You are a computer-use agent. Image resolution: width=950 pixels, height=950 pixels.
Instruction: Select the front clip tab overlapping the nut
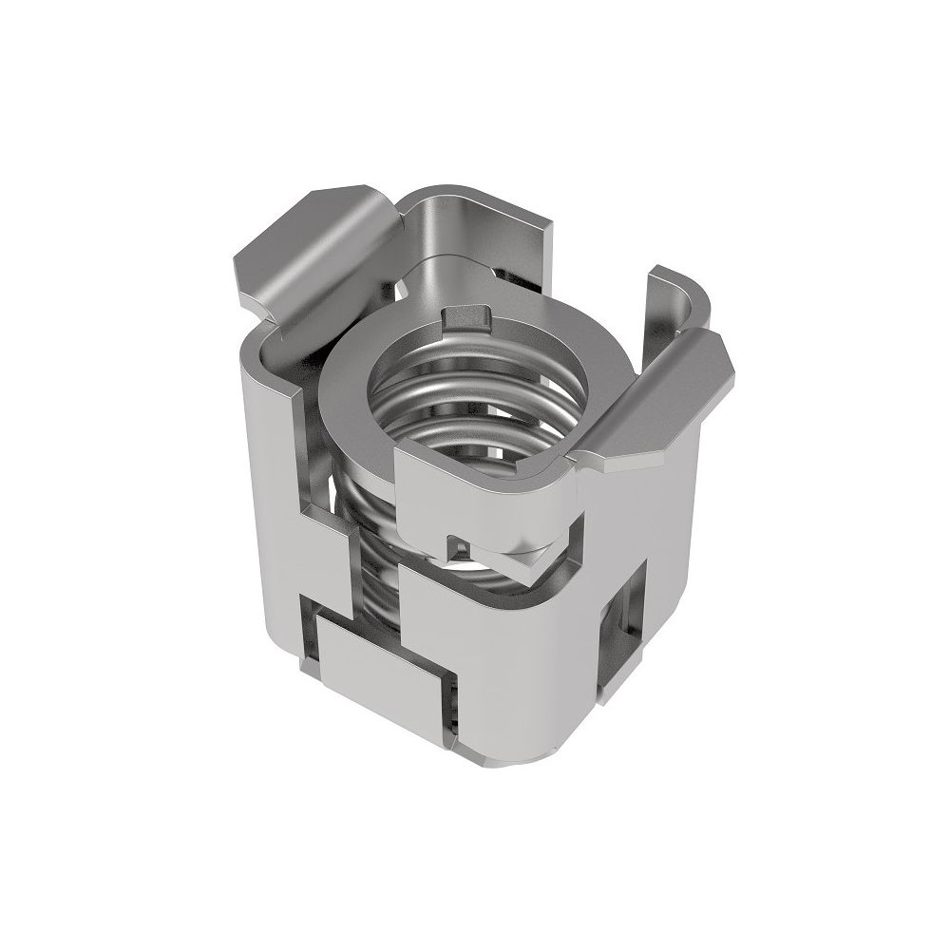click(484, 499)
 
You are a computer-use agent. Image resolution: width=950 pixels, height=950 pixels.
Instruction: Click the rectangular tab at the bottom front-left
click(375, 665)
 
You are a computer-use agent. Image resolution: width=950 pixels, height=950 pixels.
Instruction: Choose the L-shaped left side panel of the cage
click(280, 494)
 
